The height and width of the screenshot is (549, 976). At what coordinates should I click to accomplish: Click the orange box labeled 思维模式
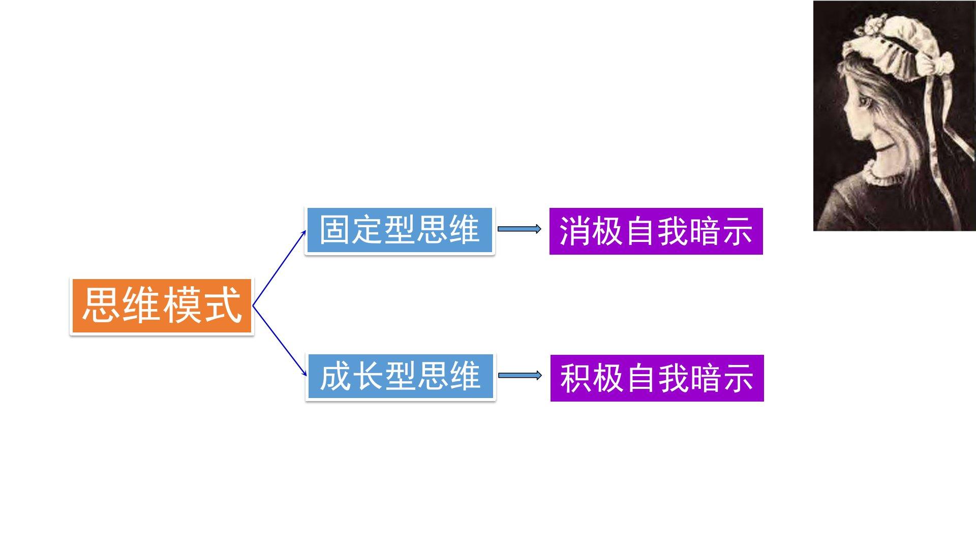point(162,306)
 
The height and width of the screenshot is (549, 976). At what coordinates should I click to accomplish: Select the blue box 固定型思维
point(400,230)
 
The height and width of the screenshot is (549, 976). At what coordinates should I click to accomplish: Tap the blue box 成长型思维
point(401,377)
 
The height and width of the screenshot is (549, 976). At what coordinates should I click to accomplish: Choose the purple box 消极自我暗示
point(656,231)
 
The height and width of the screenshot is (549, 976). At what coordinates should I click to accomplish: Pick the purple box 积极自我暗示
point(657,378)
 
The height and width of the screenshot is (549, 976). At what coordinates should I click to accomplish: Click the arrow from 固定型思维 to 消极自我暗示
point(519,229)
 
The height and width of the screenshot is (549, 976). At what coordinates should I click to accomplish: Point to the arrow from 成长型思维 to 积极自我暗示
point(520,376)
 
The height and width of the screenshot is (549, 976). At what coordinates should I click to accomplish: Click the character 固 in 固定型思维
point(335,230)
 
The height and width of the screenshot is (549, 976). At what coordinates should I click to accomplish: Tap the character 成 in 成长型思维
point(335,377)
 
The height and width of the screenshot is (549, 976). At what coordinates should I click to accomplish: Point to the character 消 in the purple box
point(575,232)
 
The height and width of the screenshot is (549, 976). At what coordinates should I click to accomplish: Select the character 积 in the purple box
point(576,379)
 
